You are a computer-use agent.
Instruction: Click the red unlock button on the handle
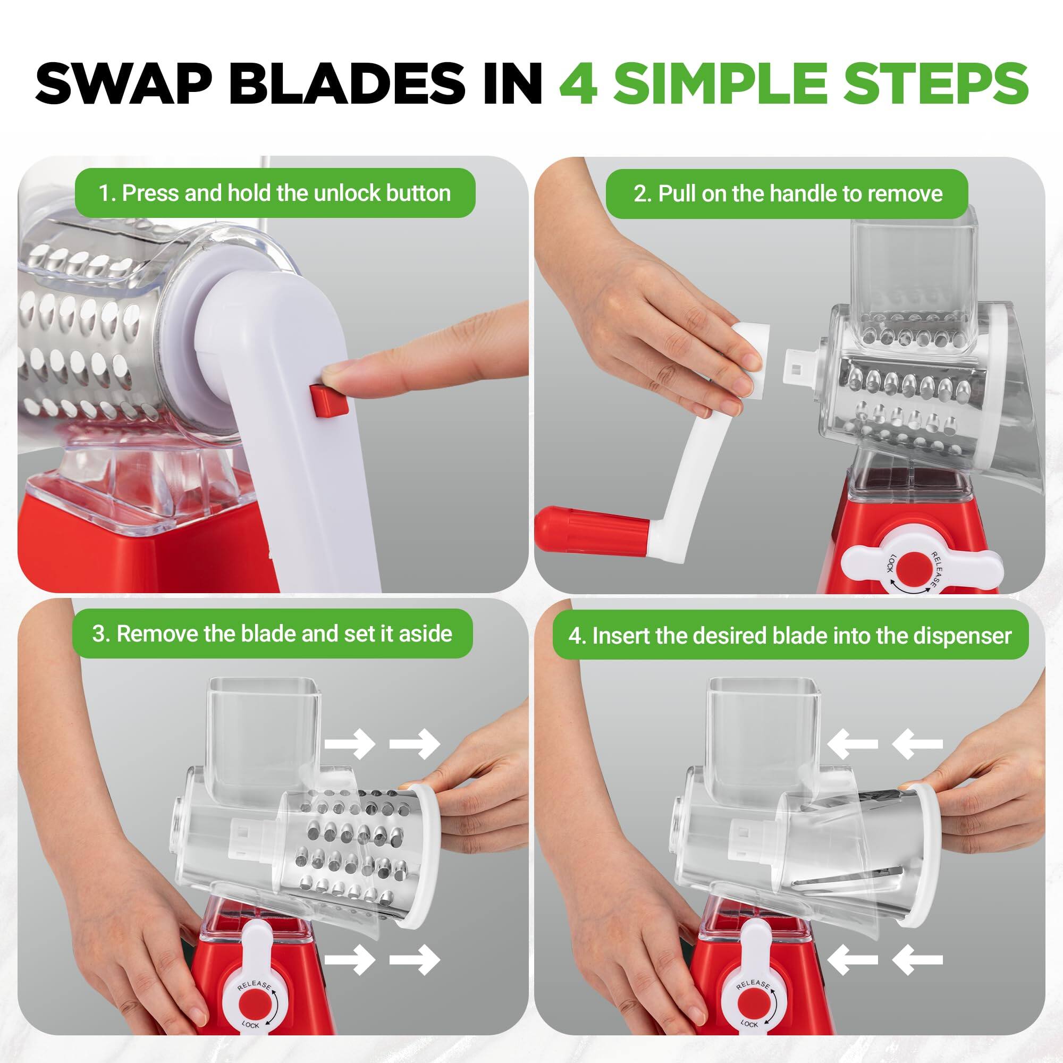pos(329,401)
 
